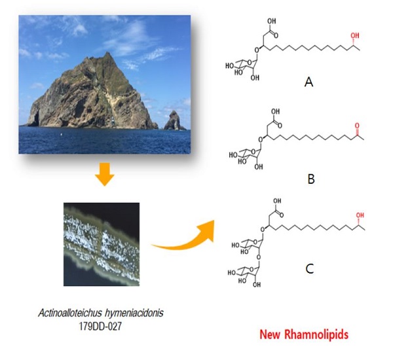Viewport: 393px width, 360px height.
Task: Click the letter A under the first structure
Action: (x=309, y=82)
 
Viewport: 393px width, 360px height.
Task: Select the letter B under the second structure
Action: (x=311, y=179)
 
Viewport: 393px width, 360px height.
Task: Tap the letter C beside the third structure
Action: (x=310, y=269)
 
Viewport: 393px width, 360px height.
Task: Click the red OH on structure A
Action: (x=354, y=36)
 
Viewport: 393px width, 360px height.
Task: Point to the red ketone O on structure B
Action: (x=357, y=125)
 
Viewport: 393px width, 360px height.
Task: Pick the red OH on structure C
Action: (x=360, y=215)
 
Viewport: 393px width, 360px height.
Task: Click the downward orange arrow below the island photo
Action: (x=105, y=174)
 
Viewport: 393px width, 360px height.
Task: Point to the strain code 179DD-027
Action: (x=100, y=327)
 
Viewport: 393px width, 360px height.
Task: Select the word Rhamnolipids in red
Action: (x=316, y=334)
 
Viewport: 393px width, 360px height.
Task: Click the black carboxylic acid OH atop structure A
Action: (x=271, y=22)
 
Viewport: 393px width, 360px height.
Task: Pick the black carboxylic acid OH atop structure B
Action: (x=275, y=111)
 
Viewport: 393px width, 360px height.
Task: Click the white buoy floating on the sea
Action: (x=61, y=135)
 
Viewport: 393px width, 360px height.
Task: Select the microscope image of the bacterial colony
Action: (x=102, y=244)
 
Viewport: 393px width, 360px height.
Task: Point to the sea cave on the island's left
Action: (x=36, y=118)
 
